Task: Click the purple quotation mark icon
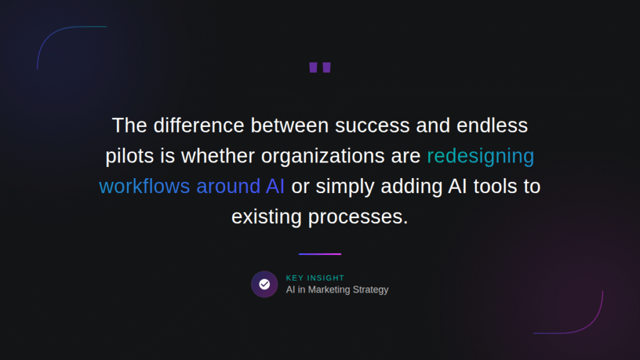pyautogui.click(x=319, y=67)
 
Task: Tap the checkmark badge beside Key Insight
pyautogui.click(x=264, y=284)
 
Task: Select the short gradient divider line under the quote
pyautogui.click(x=320, y=254)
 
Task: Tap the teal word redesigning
pyautogui.click(x=481, y=156)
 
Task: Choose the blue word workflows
pyautogui.click(x=144, y=186)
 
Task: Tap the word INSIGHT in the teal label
pyautogui.click(x=326, y=278)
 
